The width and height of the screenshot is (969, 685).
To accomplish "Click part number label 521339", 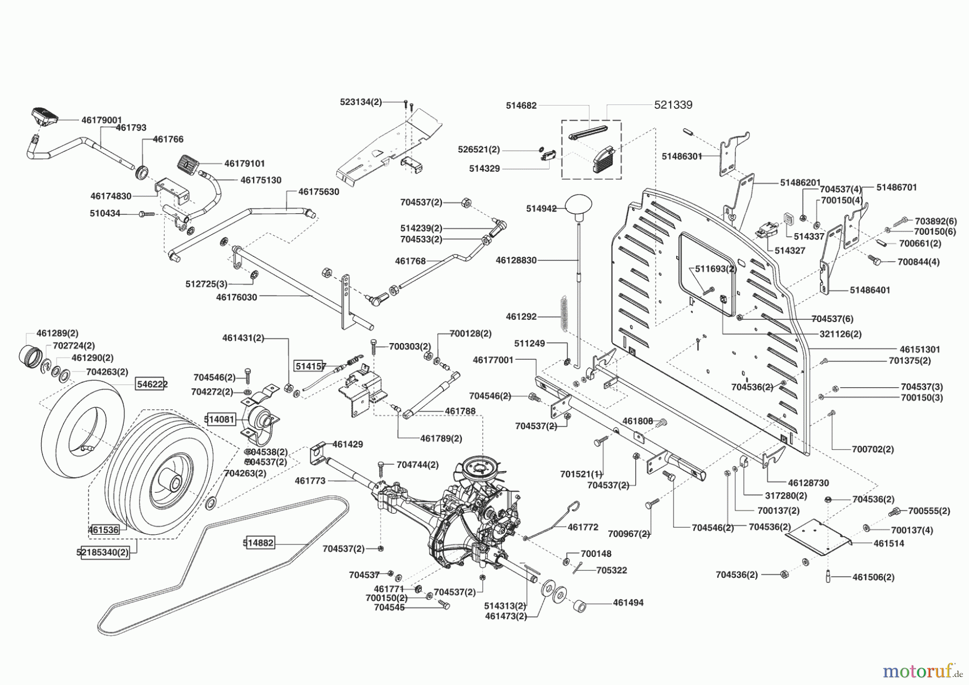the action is (x=673, y=105).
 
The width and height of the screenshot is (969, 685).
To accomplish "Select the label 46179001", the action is (x=102, y=120).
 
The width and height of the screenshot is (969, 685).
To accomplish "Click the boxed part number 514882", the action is (x=259, y=543).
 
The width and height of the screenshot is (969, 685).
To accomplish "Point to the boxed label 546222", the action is (x=152, y=384).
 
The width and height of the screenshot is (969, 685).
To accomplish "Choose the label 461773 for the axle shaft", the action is (x=310, y=480).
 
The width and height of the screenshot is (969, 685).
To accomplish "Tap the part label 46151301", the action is (x=920, y=350).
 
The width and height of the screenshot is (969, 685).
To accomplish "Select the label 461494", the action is (x=628, y=603).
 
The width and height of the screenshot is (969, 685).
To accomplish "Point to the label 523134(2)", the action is (x=361, y=102).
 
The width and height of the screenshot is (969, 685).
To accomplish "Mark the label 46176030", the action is (x=237, y=297).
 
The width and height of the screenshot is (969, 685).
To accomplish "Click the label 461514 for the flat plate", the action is (x=889, y=543).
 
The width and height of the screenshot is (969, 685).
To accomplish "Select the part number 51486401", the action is (x=870, y=290).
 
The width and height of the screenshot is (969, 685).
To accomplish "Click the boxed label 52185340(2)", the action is (x=106, y=553).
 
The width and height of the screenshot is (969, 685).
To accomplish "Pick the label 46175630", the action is (x=319, y=191).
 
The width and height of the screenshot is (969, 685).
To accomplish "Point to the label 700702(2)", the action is (x=873, y=449).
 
